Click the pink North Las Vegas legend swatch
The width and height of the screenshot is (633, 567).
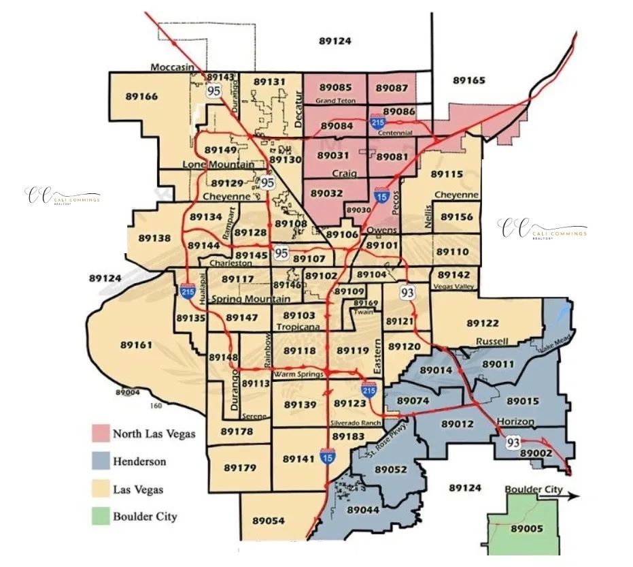(x=100, y=434)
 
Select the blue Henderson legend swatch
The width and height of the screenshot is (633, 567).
(x=100, y=461)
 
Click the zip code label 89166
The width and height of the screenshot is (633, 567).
(x=141, y=97)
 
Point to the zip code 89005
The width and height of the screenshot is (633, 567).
(x=527, y=528)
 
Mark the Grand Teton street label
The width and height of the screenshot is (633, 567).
(x=335, y=101)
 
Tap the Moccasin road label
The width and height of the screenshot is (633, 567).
(x=173, y=67)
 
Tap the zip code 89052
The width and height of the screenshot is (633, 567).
(x=391, y=470)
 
